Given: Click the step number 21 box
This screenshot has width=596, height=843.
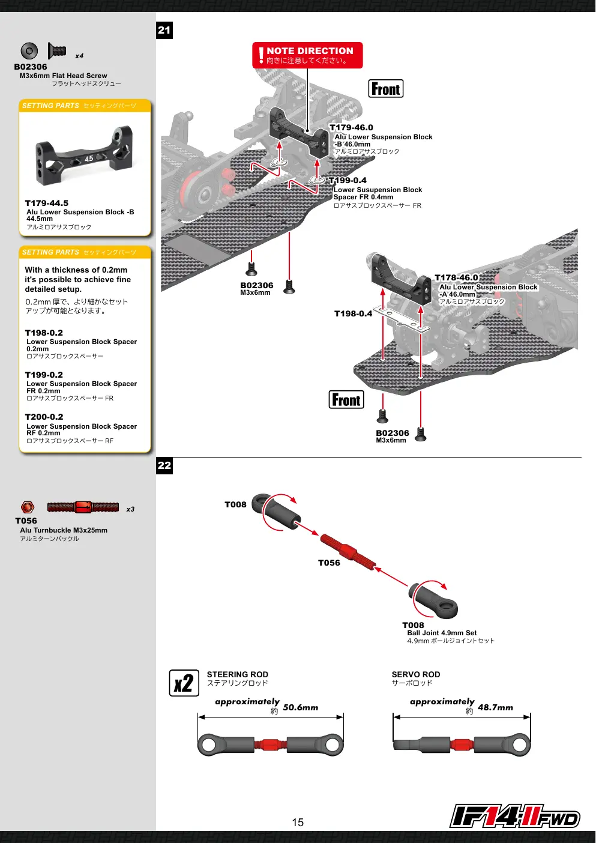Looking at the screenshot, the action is pyautogui.click(x=164, y=30).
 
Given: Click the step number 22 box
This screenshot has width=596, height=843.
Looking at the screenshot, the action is pyautogui.click(x=164, y=465).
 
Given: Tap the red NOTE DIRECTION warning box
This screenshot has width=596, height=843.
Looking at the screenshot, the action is pyautogui.click(x=307, y=55).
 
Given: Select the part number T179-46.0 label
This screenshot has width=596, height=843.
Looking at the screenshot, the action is pyautogui.click(x=351, y=127).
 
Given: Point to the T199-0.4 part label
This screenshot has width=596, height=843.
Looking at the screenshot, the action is pyautogui.click(x=348, y=180).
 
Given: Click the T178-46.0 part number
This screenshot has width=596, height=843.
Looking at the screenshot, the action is pyautogui.click(x=456, y=277).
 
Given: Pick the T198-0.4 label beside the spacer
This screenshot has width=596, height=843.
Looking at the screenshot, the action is pyautogui.click(x=353, y=313).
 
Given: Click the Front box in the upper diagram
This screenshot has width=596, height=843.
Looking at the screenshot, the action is pyautogui.click(x=386, y=89).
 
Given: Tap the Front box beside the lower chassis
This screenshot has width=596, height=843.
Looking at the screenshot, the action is pyautogui.click(x=346, y=400).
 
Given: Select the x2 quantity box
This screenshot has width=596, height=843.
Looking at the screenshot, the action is pyautogui.click(x=184, y=683).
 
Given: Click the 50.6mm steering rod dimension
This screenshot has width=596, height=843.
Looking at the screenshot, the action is pyautogui.click(x=300, y=707).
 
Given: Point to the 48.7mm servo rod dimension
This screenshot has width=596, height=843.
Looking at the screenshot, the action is pyautogui.click(x=495, y=707).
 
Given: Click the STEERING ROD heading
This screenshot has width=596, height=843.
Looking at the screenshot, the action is pyautogui.click(x=238, y=674).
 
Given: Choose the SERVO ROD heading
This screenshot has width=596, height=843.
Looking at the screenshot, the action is pyautogui.click(x=416, y=674).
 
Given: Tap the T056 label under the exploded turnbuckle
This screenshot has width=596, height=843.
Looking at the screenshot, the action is pyautogui.click(x=329, y=563).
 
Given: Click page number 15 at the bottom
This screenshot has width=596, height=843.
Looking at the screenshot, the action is pyautogui.click(x=298, y=823).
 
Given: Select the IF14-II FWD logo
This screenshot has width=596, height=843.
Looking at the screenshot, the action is pyautogui.click(x=515, y=816).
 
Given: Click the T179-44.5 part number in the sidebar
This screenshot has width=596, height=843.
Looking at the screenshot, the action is pyautogui.click(x=47, y=203).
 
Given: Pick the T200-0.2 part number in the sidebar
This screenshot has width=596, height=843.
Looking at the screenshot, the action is pyautogui.click(x=44, y=417).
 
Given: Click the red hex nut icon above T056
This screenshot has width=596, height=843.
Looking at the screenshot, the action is pyautogui.click(x=28, y=507).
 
